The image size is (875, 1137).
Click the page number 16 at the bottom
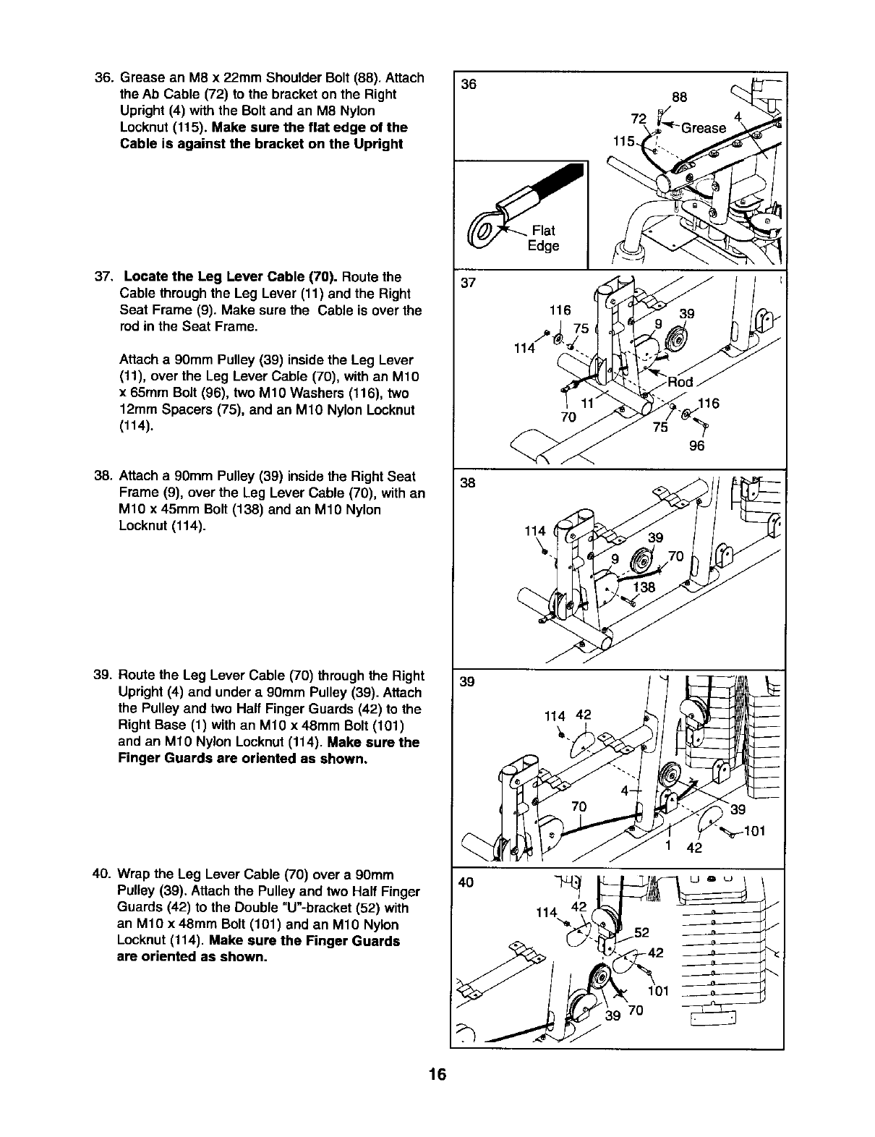point(437,1074)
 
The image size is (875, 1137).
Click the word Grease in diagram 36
point(703,128)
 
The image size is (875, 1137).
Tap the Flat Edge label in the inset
point(543,238)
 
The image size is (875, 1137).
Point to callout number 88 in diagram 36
point(678,97)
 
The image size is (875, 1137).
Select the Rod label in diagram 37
point(680,382)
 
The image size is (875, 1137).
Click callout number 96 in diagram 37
point(696,446)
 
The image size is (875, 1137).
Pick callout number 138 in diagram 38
point(644,587)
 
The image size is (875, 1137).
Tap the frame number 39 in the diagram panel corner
point(467,682)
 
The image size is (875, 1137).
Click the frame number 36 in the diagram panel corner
point(469,84)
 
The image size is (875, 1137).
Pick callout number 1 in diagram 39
point(669,846)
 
